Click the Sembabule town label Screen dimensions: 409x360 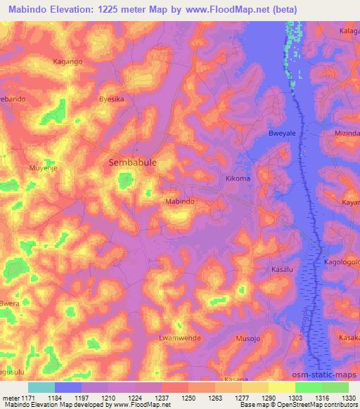click(131, 162)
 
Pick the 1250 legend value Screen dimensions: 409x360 click(189, 398)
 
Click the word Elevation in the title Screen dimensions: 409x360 click(82, 10)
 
